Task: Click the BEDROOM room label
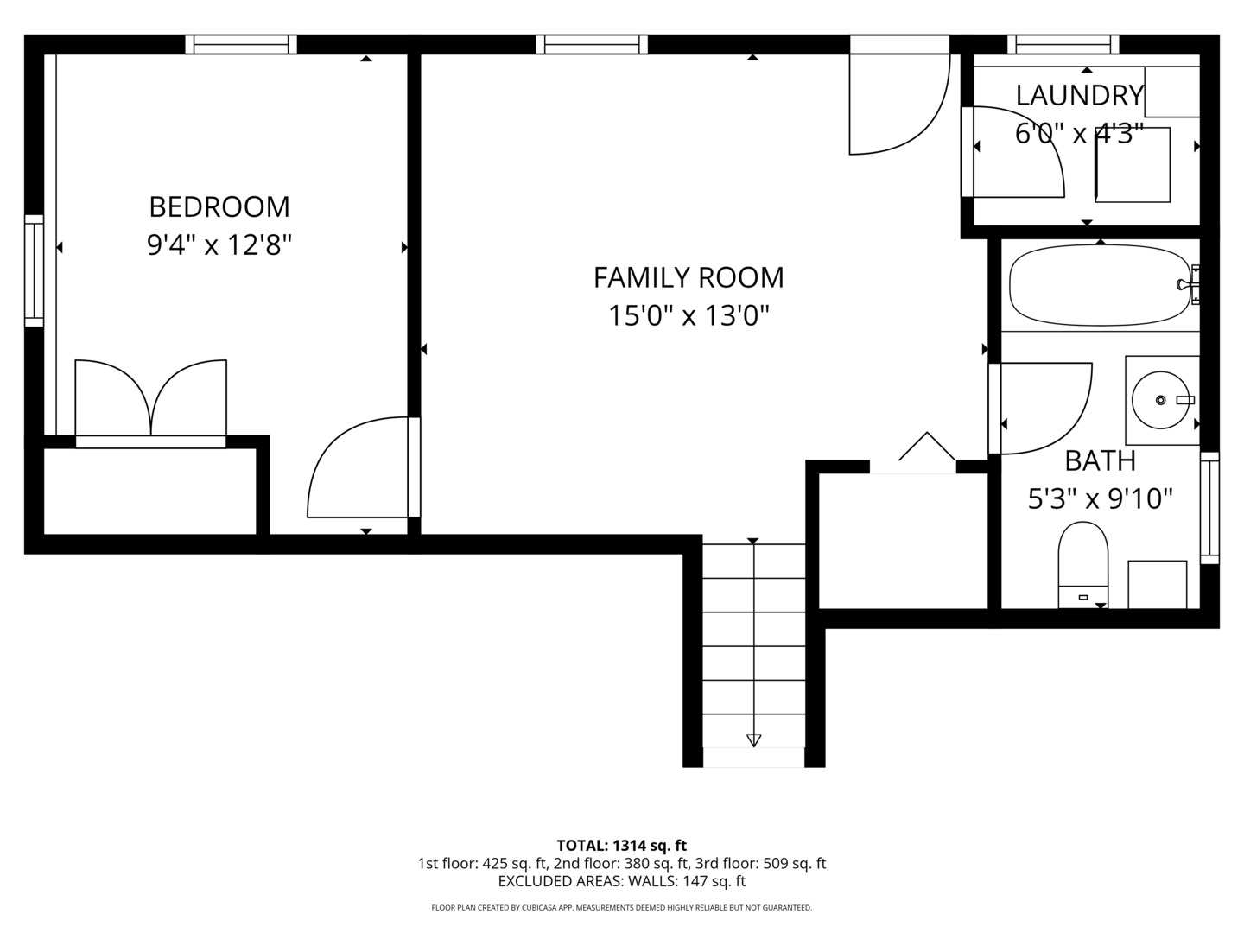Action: click(x=219, y=207)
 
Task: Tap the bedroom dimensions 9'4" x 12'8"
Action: click(x=219, y=246)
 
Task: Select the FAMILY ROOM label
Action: click(x=689, y=277)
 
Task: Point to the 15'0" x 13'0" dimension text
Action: click(x=689, y=316)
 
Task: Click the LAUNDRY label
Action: click(x=1079, y=95)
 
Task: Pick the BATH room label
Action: click(x=1100, y=461)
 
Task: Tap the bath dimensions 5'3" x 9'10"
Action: click(x=1100, y=499)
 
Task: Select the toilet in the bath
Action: click(x=1082, y=562)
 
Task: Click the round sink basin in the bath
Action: click(x=1160, y=400)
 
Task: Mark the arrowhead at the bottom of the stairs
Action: click(x=753, y=740)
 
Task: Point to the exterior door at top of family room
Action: click(x=898, y=95)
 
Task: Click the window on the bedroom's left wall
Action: click(x=34, y=270)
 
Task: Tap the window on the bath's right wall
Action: click(x=1209, y=507)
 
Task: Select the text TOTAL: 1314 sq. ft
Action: click(x=621, y=846)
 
